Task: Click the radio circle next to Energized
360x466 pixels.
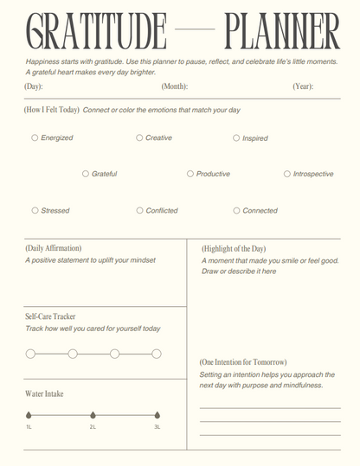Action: [x=35, y=137]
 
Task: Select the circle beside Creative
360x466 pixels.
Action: [x=139, y=137]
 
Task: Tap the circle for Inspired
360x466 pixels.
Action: [x=236, y=137]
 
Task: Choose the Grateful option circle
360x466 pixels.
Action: [x=86, y=174]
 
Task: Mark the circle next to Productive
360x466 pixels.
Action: [x=190, y=174]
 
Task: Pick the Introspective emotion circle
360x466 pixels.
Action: [x=287, y=174]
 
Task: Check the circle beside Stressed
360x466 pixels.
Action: [x=35, y=210]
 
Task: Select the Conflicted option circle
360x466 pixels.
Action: [x=139, y=210]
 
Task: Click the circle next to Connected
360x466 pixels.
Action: [x=236, y=210]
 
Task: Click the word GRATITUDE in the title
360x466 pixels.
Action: [x=97, y=33]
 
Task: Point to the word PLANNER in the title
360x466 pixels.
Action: [x=282, y=33]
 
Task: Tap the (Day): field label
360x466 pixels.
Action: [x=35, y=86]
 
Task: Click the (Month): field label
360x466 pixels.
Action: [x=174, y=86]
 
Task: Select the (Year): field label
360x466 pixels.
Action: [x=303, y=86]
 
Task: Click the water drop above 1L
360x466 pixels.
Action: [x=29, y=414]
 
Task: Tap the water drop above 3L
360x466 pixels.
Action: [x=157, y=414]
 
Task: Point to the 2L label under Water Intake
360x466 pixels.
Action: [x=93, y=427]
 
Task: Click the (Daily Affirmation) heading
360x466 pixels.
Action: [x=54, y=248]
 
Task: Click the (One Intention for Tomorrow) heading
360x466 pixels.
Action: [x=243, y=361]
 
